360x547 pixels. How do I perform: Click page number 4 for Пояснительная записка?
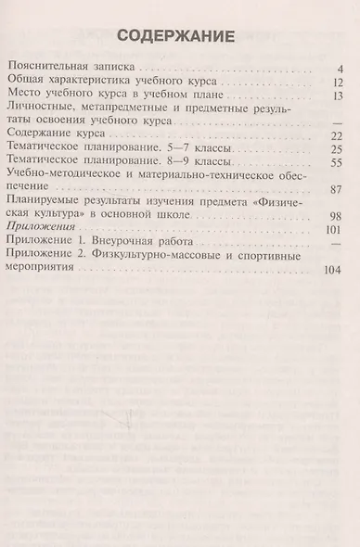coord(341,69)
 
